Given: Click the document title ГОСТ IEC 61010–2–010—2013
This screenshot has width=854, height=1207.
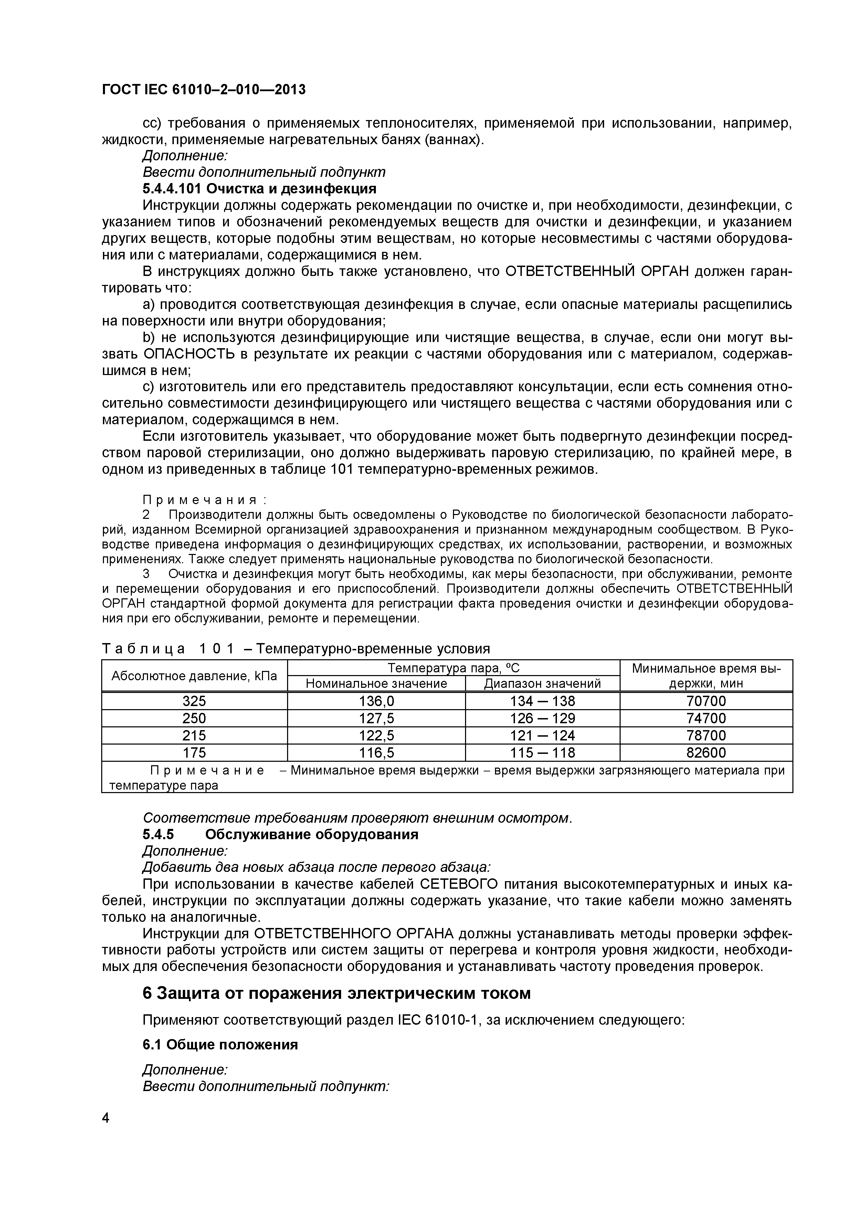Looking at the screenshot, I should (203, 90).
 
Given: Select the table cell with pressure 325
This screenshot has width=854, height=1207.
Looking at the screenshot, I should (194, 701).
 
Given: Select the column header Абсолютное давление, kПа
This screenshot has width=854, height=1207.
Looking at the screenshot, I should (194, 675).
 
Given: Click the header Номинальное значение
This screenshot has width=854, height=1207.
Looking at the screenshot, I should (377, 683).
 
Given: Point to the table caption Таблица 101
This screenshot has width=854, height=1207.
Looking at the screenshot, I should (168, 649).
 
